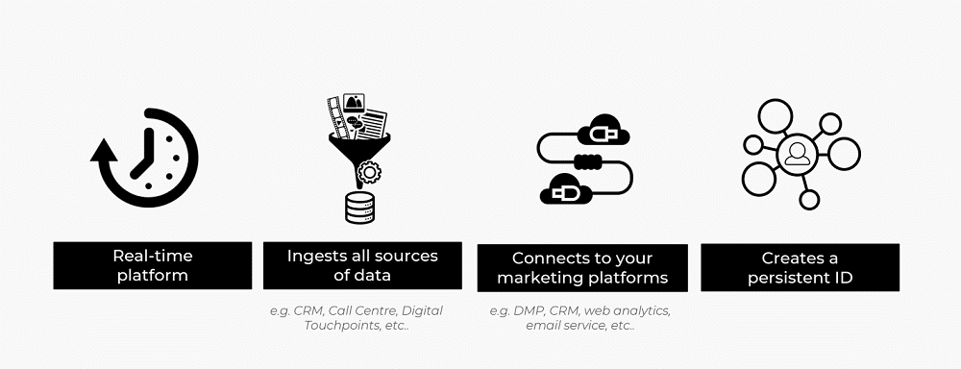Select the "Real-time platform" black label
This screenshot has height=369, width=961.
click(152, 265)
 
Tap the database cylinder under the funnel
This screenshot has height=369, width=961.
click(359, 207)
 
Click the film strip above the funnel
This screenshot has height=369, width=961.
click(335, 115)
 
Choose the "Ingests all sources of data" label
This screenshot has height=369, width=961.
click(361, 265)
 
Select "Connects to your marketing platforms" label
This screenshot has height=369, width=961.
click(582, 268)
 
